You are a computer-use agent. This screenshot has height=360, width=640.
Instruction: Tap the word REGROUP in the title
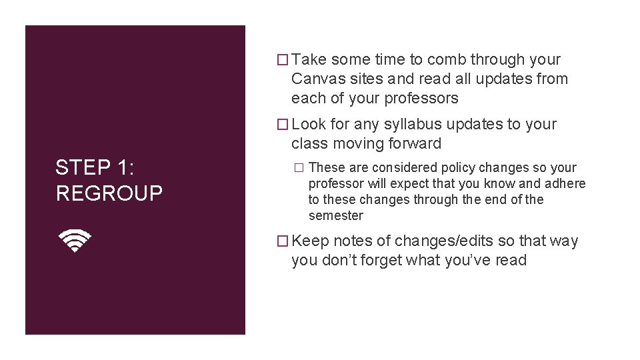(109, 193)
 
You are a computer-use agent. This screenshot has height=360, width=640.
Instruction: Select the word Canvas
(316, 79)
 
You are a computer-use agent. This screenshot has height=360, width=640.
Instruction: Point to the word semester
(336, 216)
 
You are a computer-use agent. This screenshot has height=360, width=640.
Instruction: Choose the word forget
(373, 261)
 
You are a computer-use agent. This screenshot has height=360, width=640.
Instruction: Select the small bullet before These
(299, 168)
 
